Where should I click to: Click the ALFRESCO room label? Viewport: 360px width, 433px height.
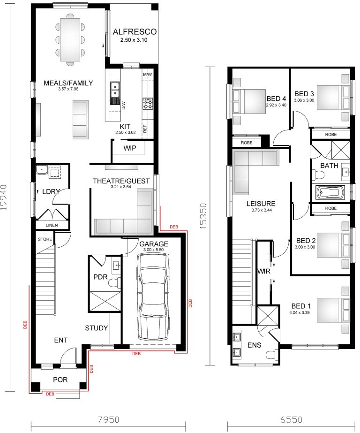point(134,32)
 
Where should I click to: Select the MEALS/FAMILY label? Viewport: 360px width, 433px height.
point(68,83)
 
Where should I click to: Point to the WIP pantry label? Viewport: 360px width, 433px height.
point(130,148)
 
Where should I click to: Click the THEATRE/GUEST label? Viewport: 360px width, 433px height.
point(121,181)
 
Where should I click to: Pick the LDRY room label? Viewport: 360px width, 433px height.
point(50,192)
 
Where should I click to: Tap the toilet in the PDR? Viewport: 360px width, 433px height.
point(114,282)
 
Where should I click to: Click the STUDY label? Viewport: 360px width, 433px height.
point(97,328)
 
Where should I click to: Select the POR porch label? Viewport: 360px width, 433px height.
point(60,380)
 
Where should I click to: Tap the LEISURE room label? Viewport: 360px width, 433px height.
point(262,204)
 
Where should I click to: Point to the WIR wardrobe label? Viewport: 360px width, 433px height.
point(262,272)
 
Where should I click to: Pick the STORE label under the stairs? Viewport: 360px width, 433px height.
point(45,239)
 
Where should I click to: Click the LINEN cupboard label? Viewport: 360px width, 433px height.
point(52,226)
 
